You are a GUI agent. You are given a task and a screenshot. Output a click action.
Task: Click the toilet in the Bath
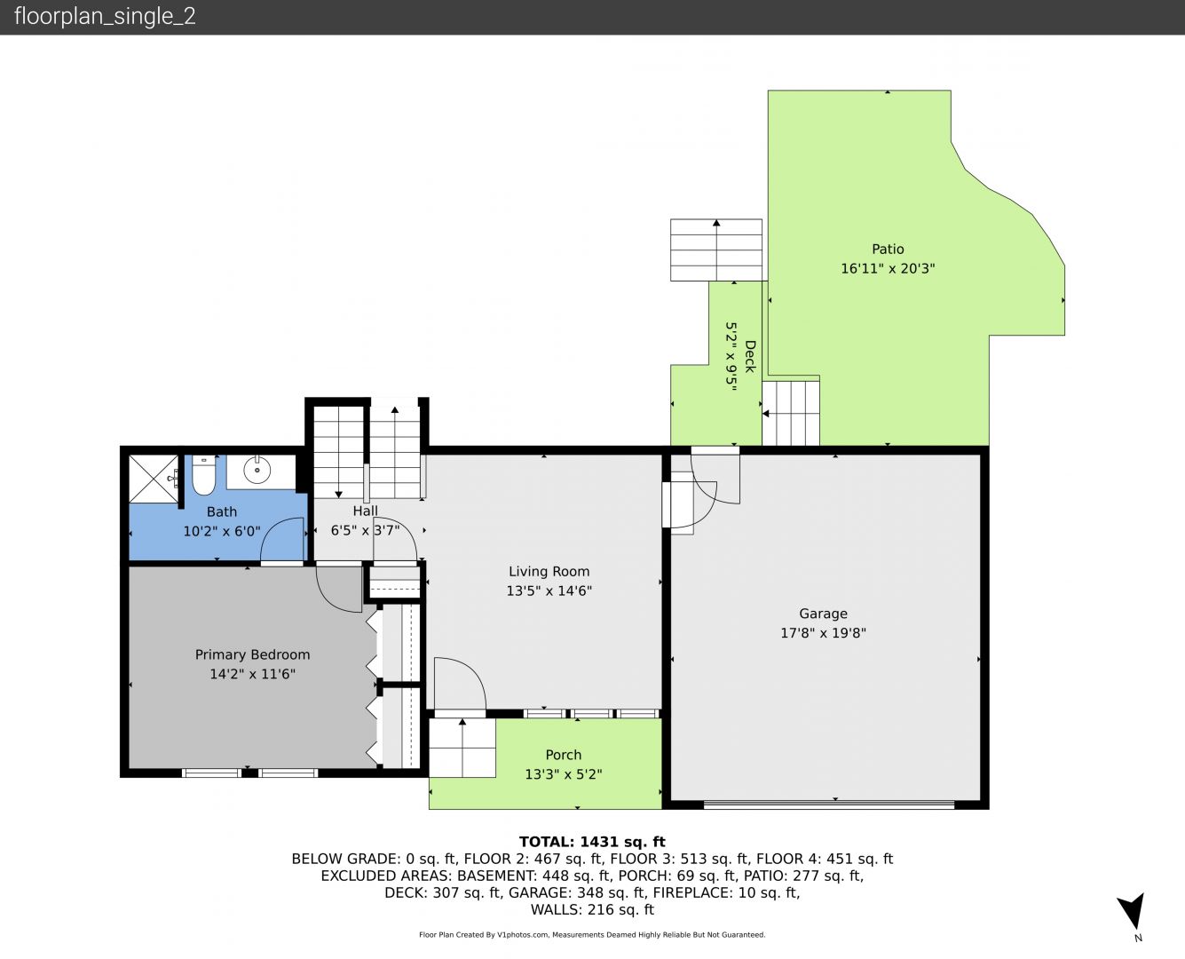coord(203,476)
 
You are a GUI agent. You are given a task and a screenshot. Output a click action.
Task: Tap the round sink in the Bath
coord(257,471)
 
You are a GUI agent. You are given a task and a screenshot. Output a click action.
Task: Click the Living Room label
coord(549,572)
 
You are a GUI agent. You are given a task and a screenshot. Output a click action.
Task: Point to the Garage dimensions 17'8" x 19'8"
coord(823,633)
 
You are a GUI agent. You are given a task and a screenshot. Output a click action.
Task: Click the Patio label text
coord(888,249)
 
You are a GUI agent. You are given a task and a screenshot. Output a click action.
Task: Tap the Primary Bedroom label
coord(252,655)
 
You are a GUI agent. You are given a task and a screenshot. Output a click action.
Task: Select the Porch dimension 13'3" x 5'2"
coord(564,774)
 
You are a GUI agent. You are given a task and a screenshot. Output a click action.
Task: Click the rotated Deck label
coord(750,356)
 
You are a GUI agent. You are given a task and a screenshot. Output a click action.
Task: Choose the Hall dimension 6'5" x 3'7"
coord(365,530)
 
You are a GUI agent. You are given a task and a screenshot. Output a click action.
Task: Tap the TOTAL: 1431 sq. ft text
coord(592,842)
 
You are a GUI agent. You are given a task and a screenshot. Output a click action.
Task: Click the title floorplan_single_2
coord(105,16)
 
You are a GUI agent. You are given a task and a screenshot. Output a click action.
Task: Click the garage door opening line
coord(829,804)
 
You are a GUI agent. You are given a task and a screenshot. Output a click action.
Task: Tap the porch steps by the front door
coord(462,748)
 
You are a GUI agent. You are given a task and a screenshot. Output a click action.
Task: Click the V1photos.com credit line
coord(592,934)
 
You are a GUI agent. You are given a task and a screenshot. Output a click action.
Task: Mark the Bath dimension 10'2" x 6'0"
coord(221,531)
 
